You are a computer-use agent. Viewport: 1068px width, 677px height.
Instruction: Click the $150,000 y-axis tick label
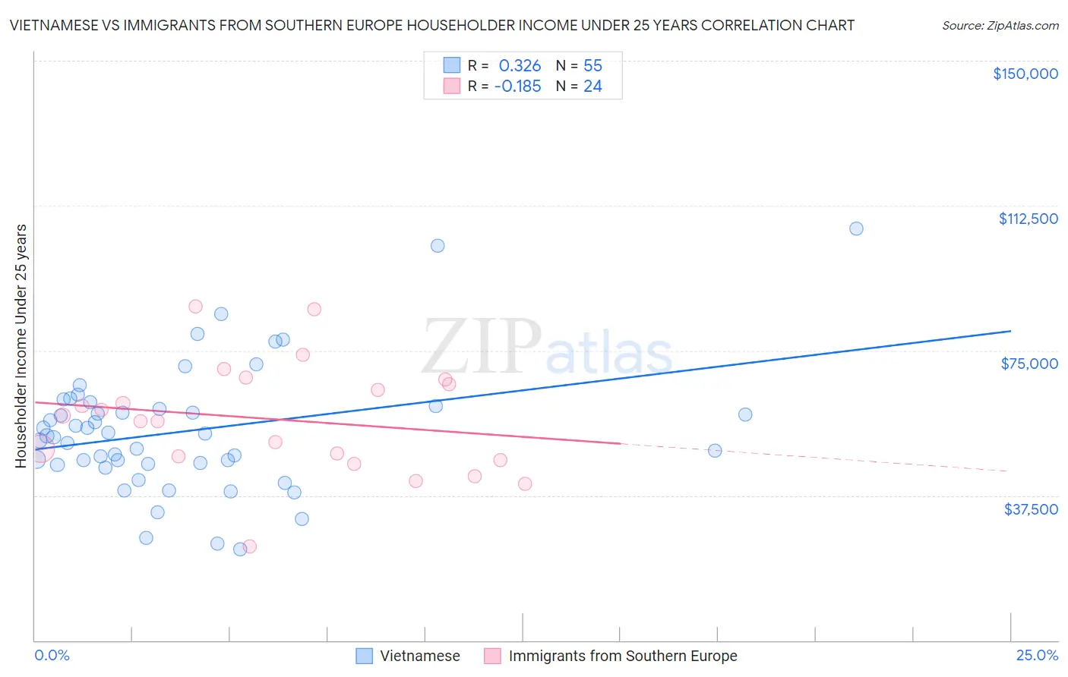[x=1025, y=74]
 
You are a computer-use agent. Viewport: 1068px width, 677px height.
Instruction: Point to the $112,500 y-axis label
[x=1028, y=219]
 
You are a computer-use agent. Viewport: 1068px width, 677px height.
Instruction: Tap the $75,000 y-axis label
[x=1029, y=364]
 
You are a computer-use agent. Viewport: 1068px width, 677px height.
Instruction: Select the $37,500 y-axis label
[x=1031, y=509]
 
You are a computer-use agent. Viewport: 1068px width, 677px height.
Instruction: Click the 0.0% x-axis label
[x=52, y=655]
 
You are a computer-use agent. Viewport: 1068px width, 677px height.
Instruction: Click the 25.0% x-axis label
[x=1037, y=655]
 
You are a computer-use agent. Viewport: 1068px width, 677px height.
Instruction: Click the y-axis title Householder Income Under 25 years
[x=21, y=345]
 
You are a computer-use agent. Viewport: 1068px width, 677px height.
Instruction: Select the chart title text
[x=431, y=25]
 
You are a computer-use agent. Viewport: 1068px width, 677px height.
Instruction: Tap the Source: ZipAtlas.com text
[x=1000, y=26]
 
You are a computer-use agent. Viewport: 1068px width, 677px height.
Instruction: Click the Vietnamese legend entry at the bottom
[x=419, y=656]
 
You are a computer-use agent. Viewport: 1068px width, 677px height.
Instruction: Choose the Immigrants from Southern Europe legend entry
[x=622, y=656]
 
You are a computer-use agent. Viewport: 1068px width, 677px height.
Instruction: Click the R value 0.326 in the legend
[x=520, y=66]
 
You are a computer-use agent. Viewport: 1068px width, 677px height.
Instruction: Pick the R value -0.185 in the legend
[x=517, y=87]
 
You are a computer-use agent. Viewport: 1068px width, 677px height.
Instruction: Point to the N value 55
[x=592, y=66]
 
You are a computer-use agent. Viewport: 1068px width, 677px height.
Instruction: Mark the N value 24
[x=592, y=87]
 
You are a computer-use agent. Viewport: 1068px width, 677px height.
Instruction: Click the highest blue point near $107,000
[x=856, y=228]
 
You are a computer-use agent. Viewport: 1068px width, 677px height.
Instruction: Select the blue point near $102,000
[x=438, y=246]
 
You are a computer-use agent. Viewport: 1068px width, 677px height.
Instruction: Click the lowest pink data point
[x=249, y=546]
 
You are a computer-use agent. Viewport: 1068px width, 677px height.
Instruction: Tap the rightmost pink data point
[x=525, y=483]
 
